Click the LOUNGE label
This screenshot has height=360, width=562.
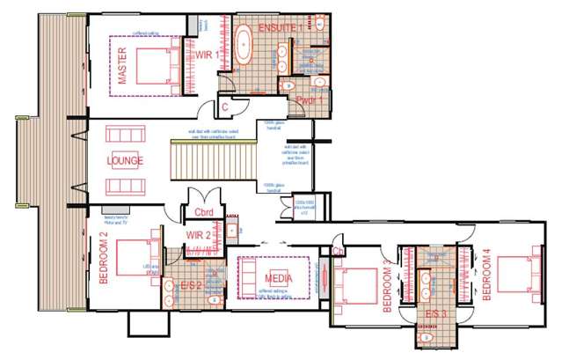125,161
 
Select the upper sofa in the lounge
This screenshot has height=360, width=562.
124,136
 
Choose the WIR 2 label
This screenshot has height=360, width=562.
197,235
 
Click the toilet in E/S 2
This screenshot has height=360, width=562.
212,299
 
